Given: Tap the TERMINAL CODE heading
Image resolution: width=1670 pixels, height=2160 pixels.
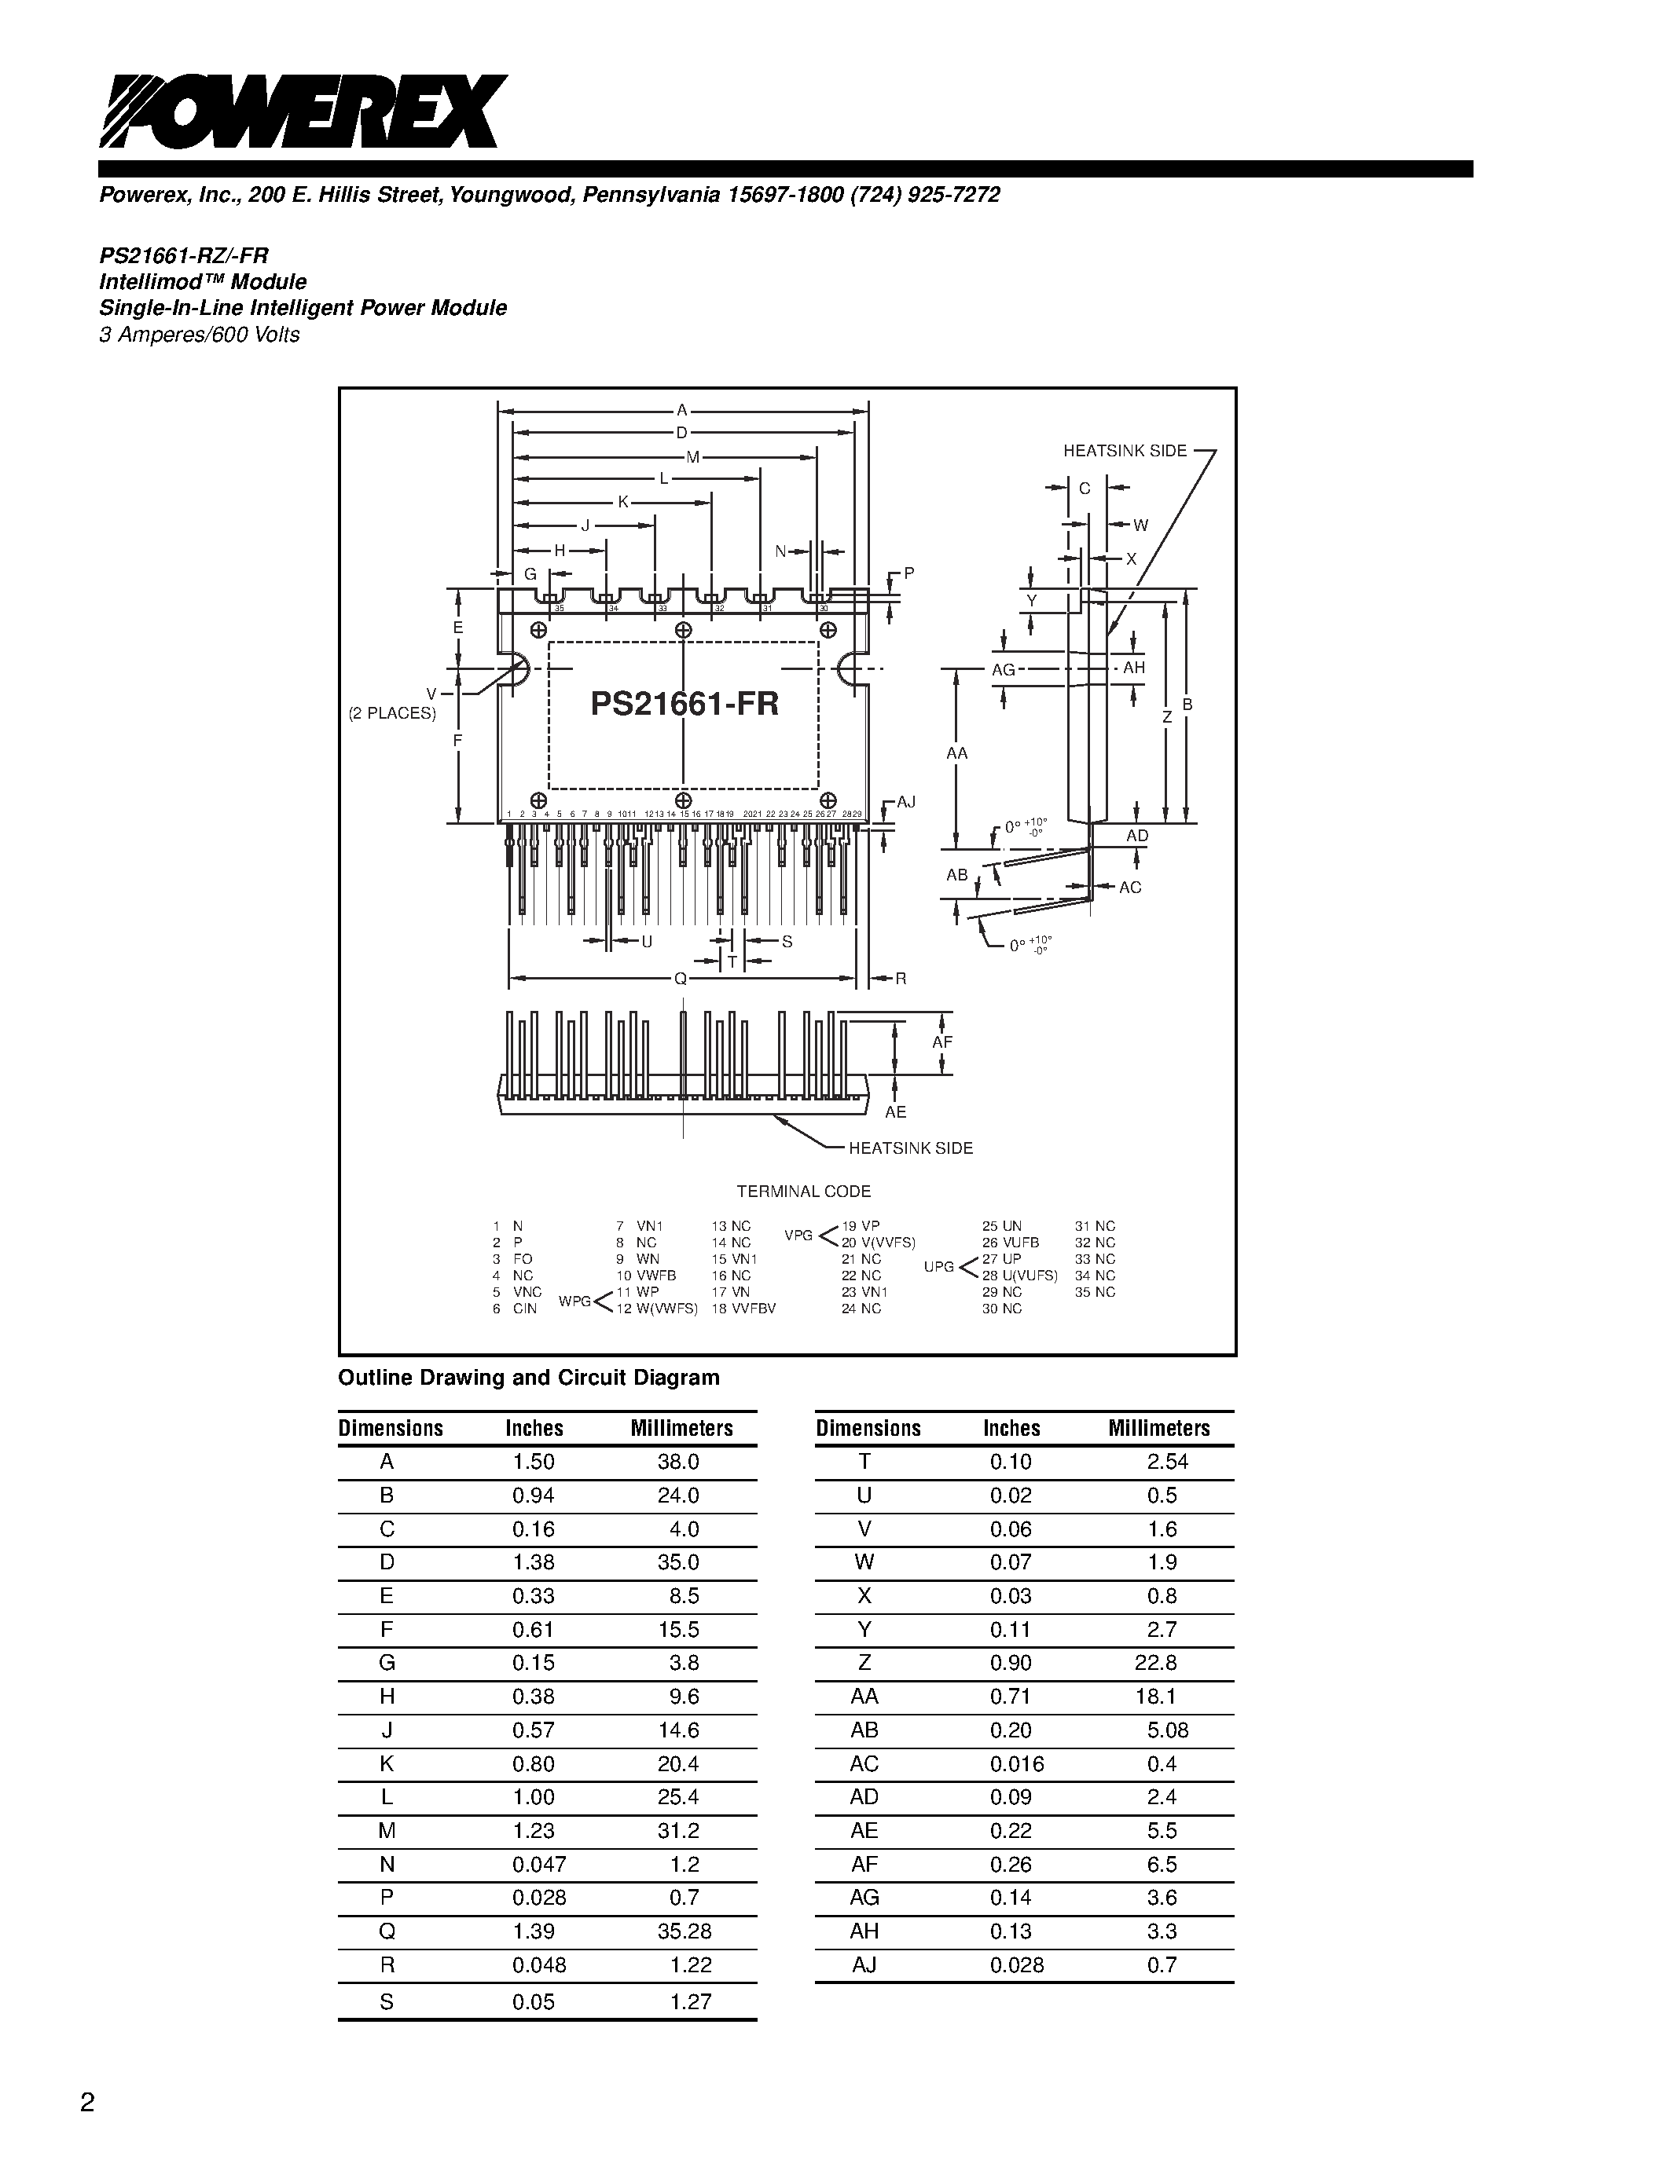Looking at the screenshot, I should [x=803, y=1192].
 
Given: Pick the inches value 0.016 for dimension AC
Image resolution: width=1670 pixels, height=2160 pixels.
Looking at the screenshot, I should [x=1016, y=1763].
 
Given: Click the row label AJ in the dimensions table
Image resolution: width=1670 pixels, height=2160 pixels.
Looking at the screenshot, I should [x=864, y=1964].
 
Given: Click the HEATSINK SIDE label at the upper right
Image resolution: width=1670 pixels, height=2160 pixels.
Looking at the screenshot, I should [x=1124, y=451].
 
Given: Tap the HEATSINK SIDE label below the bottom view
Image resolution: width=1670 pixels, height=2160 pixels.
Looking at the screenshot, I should [x=910, y=1148].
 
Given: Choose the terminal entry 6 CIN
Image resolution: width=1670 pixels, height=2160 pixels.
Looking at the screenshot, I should [x=515, y=1309].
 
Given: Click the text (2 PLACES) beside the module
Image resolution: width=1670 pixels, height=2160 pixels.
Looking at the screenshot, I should [x=392, y=713].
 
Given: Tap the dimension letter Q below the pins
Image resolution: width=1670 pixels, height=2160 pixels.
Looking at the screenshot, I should [x=680, y=979].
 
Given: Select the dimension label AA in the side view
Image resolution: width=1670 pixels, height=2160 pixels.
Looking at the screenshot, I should [x=956, y=753].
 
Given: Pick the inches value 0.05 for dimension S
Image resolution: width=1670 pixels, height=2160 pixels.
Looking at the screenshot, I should [x=534, y=2002].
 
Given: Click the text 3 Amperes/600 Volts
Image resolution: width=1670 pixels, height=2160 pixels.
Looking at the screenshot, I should [x=199, y=335].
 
